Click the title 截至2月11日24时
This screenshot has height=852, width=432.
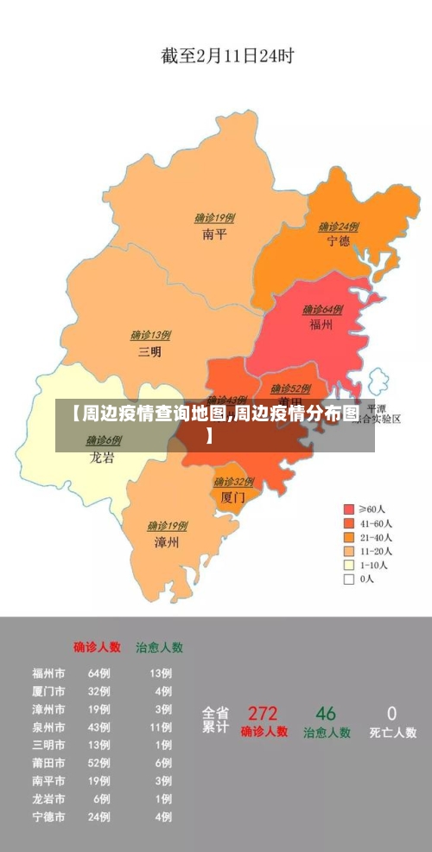(x=227, y=56)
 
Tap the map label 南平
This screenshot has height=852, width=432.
(x=214, y=234)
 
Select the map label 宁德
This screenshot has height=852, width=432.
(x=339, y=241)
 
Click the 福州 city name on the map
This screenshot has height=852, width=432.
(x=322, y=324)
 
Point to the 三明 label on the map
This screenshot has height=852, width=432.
(x=149, y=351)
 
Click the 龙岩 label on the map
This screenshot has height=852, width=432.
(x=102, y=458)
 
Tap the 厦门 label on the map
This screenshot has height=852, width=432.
(x=232, y=498)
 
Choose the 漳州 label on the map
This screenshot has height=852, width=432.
(x=166, y=542)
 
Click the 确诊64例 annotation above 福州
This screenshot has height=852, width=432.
(x=322, y=309)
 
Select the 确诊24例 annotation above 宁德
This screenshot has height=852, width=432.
(x=339, y=227)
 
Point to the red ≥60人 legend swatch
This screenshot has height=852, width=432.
(x=349, y=509)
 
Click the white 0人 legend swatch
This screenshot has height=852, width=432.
(x=349, y=580)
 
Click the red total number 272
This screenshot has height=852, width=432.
(x=263, y=714)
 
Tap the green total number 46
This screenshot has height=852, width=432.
(x=326, y=714)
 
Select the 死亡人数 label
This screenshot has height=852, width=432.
(x=393, y=733)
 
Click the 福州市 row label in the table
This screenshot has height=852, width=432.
(x=48, y=672)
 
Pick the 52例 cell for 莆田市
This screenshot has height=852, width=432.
(x=98, y=762)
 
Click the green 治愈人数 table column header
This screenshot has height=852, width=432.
(x=159, y=647)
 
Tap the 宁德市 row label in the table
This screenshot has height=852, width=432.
(x=48, y=817)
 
